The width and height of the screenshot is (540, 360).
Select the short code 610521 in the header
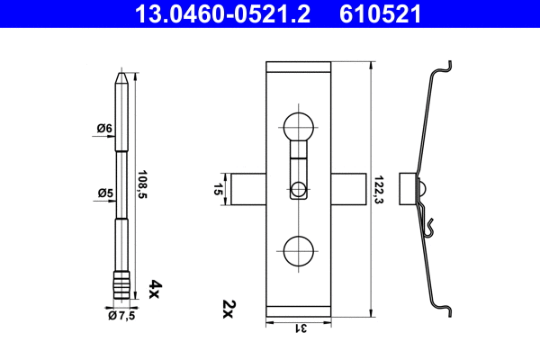click(x=380, y=14)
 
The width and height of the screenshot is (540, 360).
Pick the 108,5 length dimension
click(x=142, y=186)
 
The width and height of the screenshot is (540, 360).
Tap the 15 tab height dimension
click(x=219, y=190)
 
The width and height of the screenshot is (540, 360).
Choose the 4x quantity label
click(x=154, y=288)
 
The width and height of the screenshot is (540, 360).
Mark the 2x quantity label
click(x=229, y=310)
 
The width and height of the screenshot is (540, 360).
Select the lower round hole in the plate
click(x=299, y=251)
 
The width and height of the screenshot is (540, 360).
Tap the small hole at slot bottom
click(x=299, y=190)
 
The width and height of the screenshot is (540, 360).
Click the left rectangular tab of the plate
click(x=248, y=190)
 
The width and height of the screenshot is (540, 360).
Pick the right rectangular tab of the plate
click(x=348, y=190)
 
